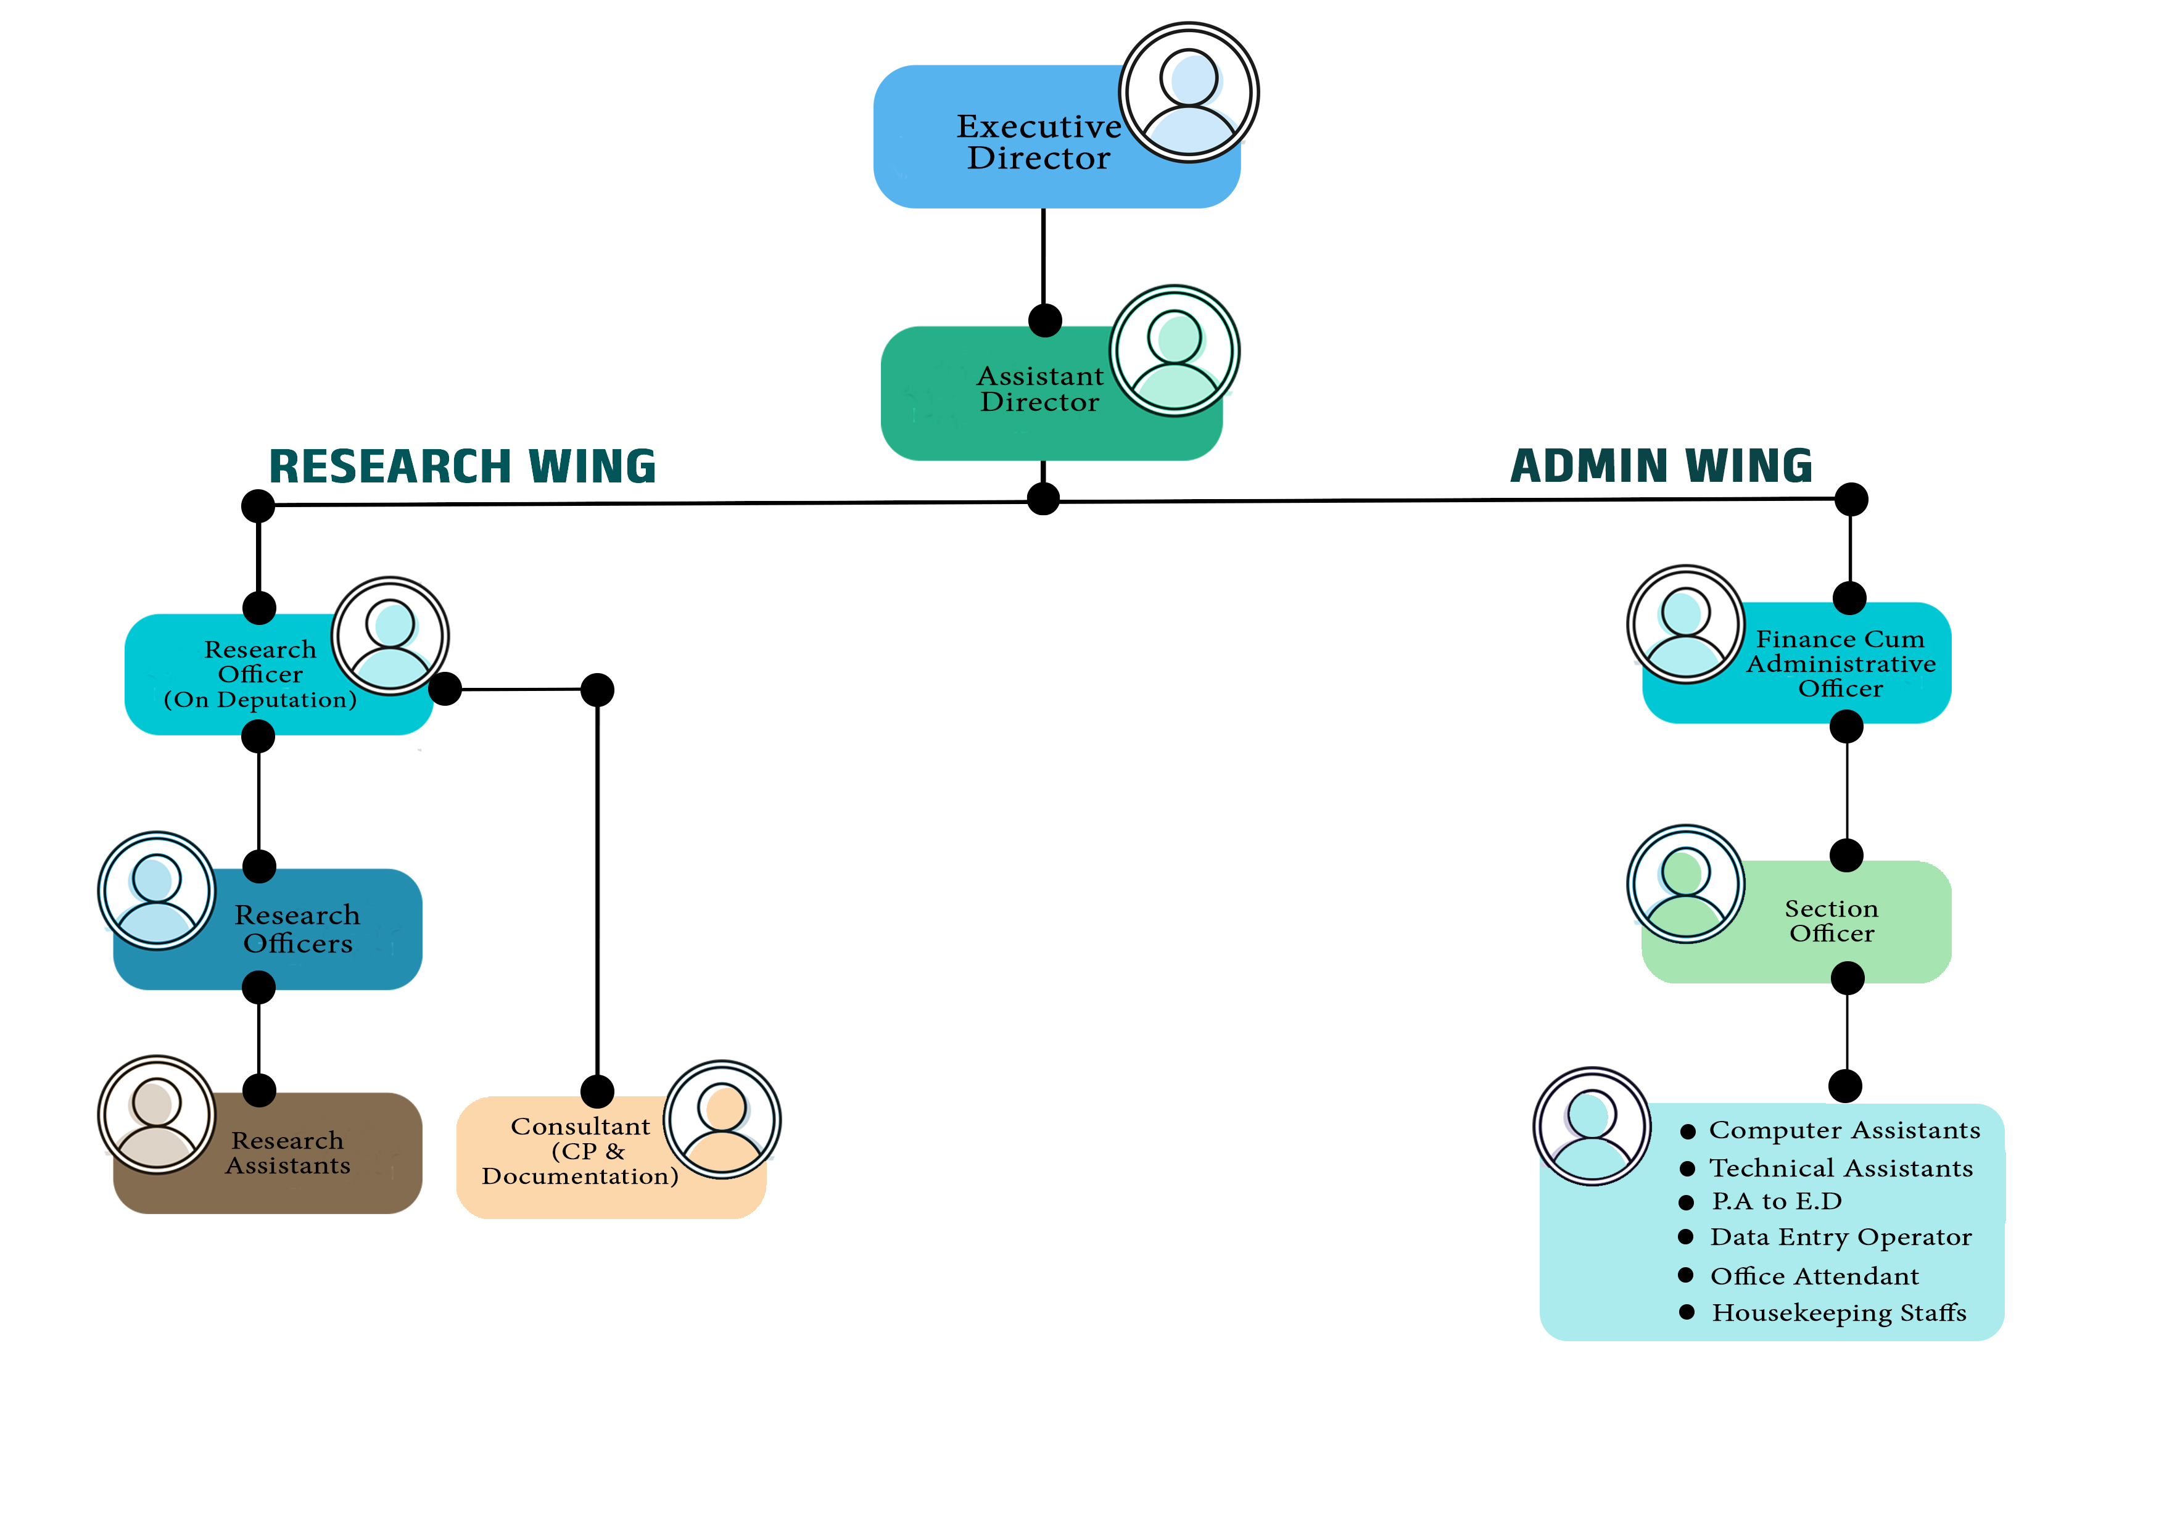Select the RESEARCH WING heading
tap(462, 466)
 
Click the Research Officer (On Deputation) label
tap(260, 674)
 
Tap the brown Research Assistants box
tap(287, 1153)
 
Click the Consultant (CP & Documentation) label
tap(580, 1151)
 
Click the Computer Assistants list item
tap(1844, 1130)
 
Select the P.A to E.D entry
tap(1776, 1201)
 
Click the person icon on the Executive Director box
tap(1189, 93)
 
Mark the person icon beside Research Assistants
tap(157, 1114)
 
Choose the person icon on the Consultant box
tap(722, 1119)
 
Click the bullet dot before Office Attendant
tap(1686, 1275)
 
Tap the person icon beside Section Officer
tap(1685, 883)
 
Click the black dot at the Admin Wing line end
tap(1851, 498)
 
